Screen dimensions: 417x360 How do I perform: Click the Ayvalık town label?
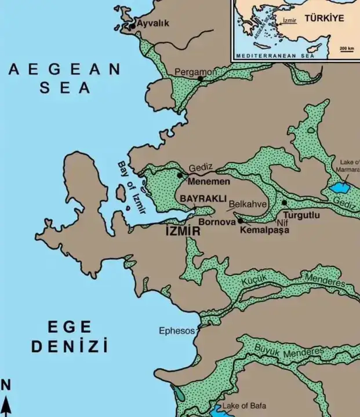(x=152, y=24)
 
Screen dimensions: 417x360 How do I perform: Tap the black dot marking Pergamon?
(x=200, y=78)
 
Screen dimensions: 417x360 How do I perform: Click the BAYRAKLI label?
(x=202, y=199)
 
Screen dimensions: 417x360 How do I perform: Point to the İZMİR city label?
(x=183, y=231)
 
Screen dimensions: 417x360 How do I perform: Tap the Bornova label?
(x=216, y=221)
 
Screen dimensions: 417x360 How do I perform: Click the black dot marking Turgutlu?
(x=284, y=203)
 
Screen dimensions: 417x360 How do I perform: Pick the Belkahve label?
(x=248, y=204)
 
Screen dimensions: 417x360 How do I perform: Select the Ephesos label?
(x=177, y=331)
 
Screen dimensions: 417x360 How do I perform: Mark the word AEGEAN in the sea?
(x=64, y=69)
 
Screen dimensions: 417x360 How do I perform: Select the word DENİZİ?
(x=69, y=347)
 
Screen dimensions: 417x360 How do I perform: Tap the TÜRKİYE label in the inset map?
(x=325, y=18)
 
